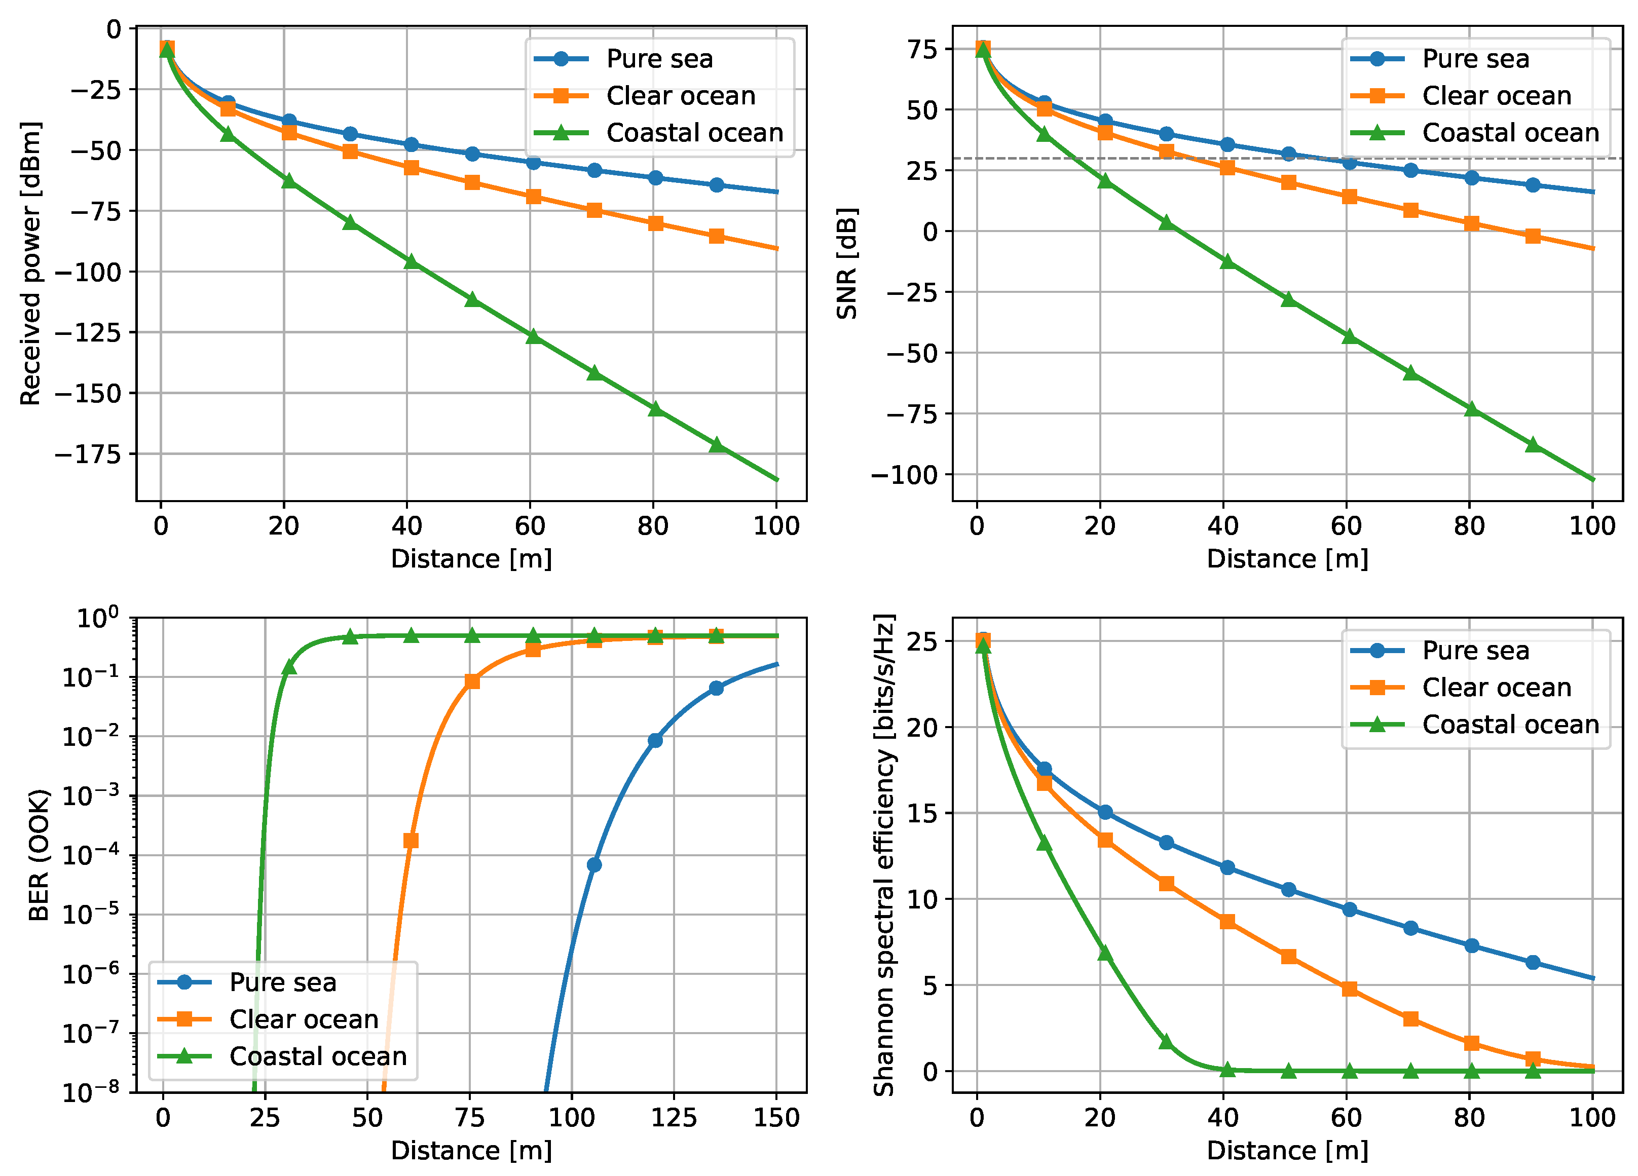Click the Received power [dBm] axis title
pyautogui.click(x=30, y=263)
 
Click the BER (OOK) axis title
pyautogui.click(x=39, y=855)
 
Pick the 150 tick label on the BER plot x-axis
pyautogui.click(x=776, y=1118)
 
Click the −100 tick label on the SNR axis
pyautogui.click(x=904, y=475)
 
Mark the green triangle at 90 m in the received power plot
pyautogui.click(x=717, y=445)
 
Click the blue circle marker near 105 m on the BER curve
pyautogui.click(x=593, y=865)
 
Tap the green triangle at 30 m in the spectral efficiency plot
pyautogui.click(x=1166, y=1042)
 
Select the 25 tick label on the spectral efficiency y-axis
pyautogui.click(x=921, y=641)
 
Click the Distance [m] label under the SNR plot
pyautogui.click(x=1287, y=559)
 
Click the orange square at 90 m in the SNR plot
pyautogui.click(x=1533, y=236)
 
